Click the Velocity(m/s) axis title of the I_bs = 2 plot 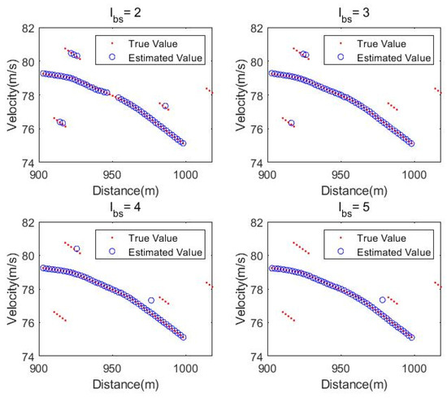(x=11, y=93)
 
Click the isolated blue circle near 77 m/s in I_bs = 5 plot (x=383, y=300)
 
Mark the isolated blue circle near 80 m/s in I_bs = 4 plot (x=76, y=249)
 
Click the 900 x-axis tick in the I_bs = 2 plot (x=38, y=173)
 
